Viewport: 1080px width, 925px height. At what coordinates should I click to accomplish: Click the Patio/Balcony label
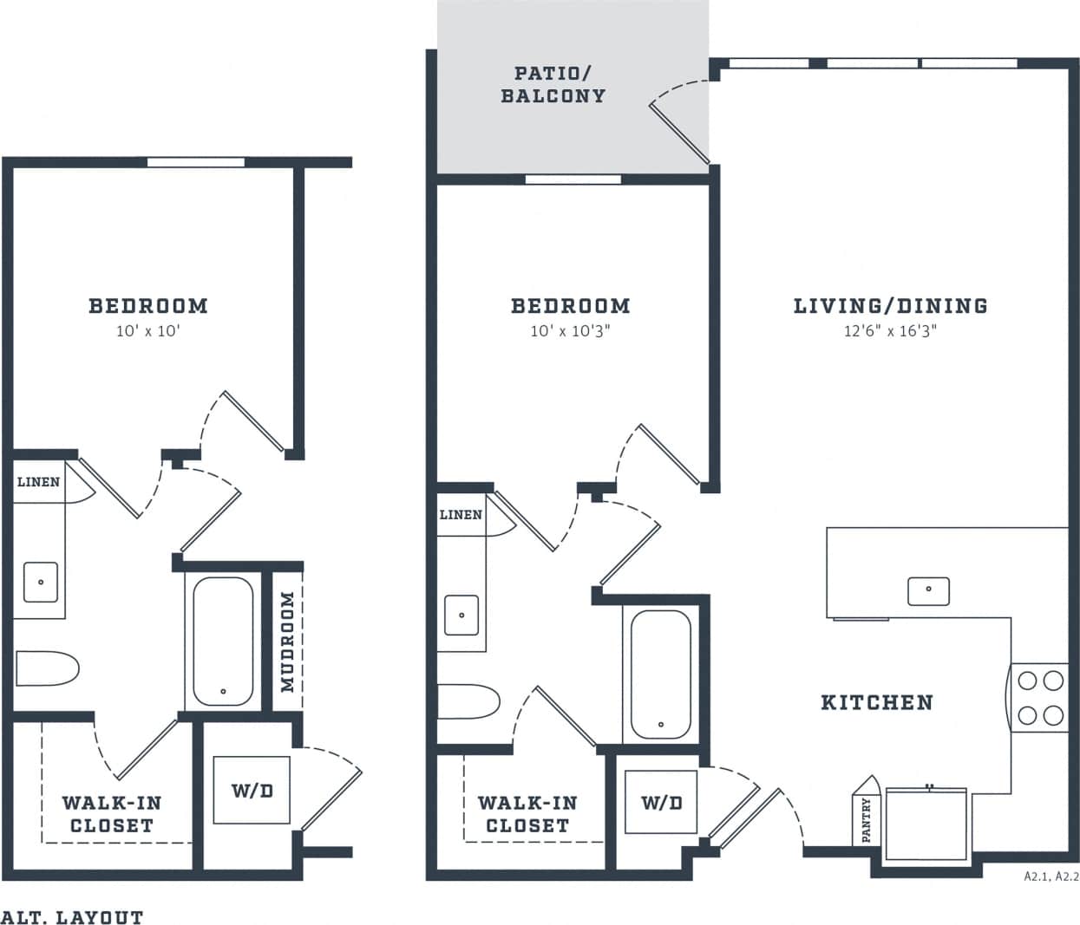point(553,84)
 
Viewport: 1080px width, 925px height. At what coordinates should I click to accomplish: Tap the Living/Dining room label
point(890,305)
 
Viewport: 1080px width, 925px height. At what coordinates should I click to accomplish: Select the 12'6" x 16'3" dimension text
point(890,331)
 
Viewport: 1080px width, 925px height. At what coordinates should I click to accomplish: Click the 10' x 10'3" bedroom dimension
point(570,331)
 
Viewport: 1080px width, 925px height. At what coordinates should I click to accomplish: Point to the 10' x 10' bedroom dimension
point(147,331)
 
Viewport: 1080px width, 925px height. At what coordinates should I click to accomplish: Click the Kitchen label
point(877,702)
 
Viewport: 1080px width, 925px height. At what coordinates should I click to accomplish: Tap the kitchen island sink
point(928,590)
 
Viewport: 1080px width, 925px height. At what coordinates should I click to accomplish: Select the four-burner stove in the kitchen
point(1040,697)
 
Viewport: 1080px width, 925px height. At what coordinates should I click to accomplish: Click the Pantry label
point(866,820)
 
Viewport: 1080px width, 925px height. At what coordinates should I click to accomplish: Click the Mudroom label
point(288,642)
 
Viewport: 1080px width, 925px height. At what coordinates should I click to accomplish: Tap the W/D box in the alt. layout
point(252,790)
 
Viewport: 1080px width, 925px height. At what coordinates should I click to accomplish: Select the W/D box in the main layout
point(661,802)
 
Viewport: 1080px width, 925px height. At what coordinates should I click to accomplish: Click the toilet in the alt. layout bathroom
point(47,668)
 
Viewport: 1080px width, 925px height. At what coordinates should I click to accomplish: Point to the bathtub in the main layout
point(661,674)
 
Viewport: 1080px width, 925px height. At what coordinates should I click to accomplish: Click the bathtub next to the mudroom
point(223,641)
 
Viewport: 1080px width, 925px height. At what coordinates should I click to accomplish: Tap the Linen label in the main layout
point(461,515)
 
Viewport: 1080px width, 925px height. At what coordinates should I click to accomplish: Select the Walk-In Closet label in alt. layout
point(111,814)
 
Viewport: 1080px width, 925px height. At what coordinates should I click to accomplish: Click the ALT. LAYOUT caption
point(72,916)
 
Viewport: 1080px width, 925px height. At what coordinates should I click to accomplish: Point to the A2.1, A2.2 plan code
point(1051,876)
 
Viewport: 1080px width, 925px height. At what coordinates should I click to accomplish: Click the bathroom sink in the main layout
point(461,615)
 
